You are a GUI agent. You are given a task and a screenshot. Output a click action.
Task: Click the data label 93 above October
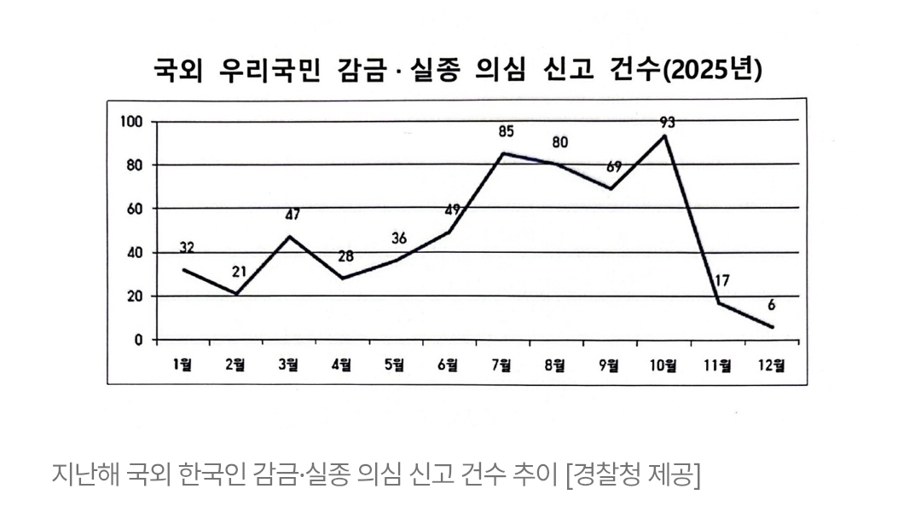(x=667, y=123)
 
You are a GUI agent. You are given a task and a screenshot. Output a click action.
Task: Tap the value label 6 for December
(x=771, y=304)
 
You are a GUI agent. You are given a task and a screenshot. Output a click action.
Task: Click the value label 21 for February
(x=240, y=272)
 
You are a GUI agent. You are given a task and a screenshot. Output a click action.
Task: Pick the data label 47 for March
(x=292, y=215)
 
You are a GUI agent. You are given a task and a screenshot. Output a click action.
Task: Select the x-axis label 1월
(x=182, y=365)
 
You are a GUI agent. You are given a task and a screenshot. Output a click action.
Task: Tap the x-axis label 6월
(x=448, y=365)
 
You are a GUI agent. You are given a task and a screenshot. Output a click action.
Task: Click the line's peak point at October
(x=665, y=135)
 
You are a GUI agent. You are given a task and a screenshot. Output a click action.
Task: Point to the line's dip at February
(x=235, y=294)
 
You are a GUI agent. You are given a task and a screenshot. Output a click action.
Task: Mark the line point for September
(x=611, y=188)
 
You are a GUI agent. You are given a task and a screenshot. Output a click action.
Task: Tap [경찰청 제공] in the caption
(x=633, y=474)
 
